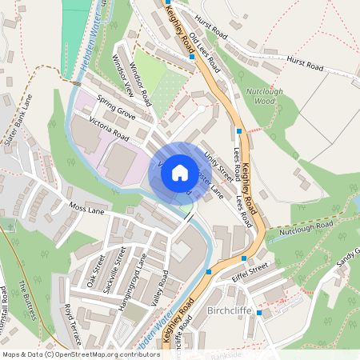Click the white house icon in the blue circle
tap(180, 171)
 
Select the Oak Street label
tap(96, 270)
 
